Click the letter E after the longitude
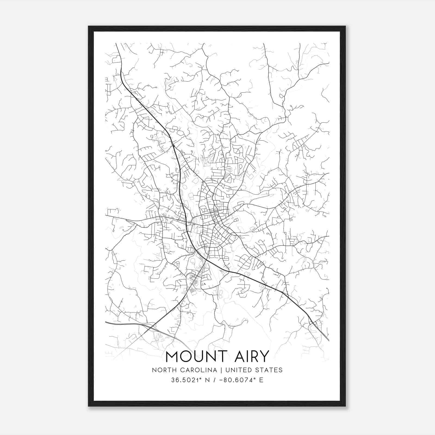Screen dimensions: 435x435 tap(261, 380)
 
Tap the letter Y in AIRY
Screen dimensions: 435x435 tap(264, 356)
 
